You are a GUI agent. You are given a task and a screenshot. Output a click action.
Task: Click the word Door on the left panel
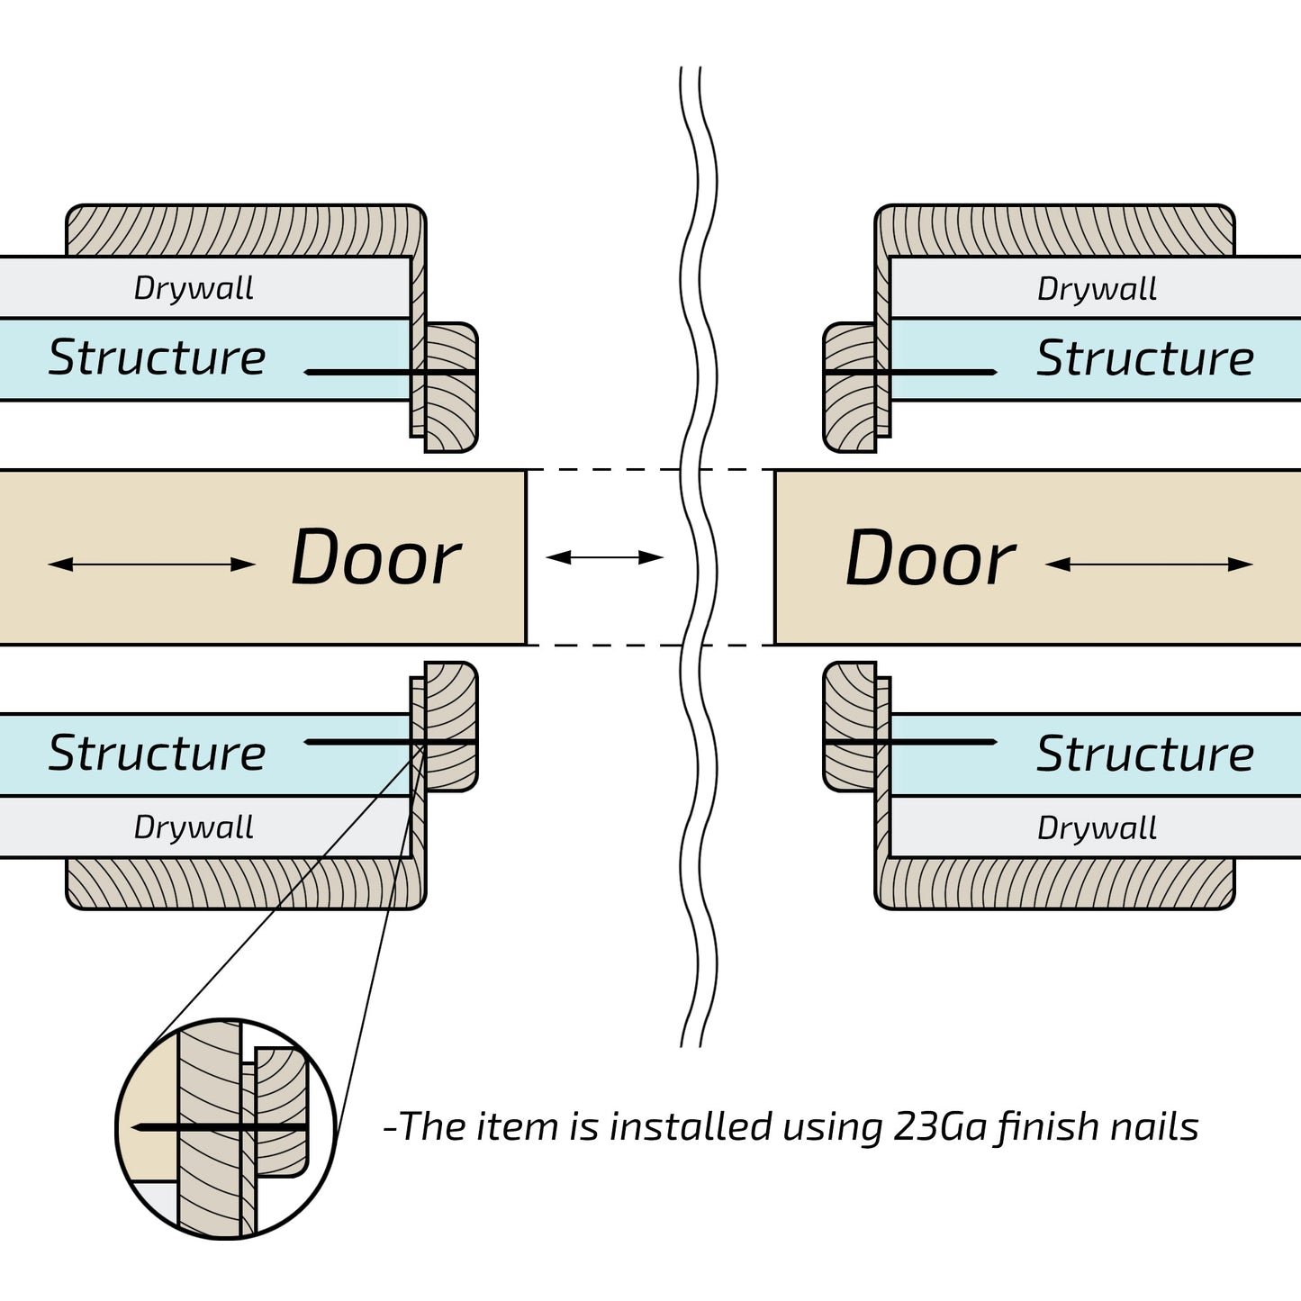click(375, 558)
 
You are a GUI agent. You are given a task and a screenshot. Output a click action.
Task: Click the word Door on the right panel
click(930, 558)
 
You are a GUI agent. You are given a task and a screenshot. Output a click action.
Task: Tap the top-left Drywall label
click(194, 288)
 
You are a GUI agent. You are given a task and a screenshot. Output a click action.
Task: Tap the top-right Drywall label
click(1097, 289)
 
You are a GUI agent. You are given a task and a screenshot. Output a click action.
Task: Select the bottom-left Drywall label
click(194, 827)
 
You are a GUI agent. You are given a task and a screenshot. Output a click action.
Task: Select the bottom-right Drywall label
click(1097, 827)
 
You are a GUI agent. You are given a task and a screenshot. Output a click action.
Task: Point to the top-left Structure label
click(157, 357)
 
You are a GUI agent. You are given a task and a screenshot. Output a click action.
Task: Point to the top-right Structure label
click(1145, 358)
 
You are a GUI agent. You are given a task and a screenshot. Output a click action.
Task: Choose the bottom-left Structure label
click(157, 753)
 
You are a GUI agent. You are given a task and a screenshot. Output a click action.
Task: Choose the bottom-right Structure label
click(1145, 754)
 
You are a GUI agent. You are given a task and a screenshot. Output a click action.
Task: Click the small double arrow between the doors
click(604, 557)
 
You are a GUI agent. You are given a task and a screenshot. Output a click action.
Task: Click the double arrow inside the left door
click(151, 565)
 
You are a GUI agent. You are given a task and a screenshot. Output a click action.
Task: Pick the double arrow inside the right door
click(1149, 565)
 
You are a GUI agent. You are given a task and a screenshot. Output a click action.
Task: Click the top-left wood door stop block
click(451, 387)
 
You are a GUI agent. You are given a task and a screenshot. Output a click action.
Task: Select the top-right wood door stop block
click(849, 387)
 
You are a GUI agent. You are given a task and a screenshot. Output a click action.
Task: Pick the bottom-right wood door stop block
click(849, 727)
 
